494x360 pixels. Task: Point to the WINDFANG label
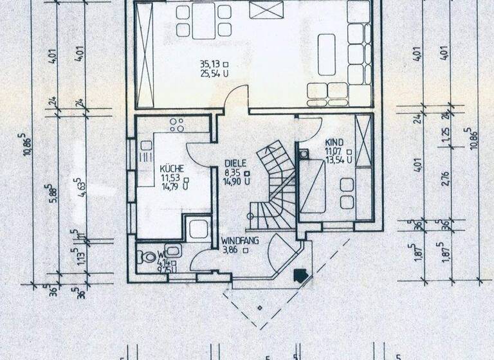coord(239,242)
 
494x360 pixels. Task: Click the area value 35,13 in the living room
coord(210,64)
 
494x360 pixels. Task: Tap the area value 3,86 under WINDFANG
coord(231,251)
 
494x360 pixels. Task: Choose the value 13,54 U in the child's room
coord(338,159)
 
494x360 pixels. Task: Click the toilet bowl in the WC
coord(147,257)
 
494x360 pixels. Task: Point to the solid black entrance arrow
coord(300,275)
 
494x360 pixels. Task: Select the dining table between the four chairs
coord(204,21)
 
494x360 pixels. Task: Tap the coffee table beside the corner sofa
coord(327,55)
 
